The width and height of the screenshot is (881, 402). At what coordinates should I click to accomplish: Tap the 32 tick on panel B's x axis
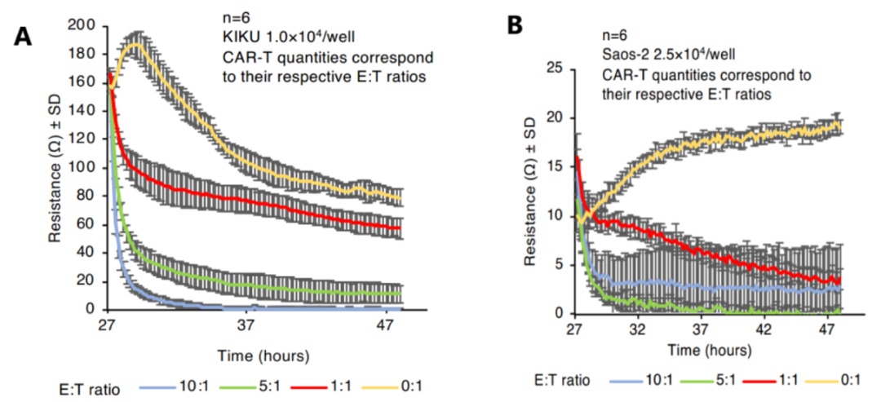point(638,329)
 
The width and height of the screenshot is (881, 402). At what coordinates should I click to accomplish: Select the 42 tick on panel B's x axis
point(762,329)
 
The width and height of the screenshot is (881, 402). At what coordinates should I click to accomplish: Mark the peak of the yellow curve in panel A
point(137,44)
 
